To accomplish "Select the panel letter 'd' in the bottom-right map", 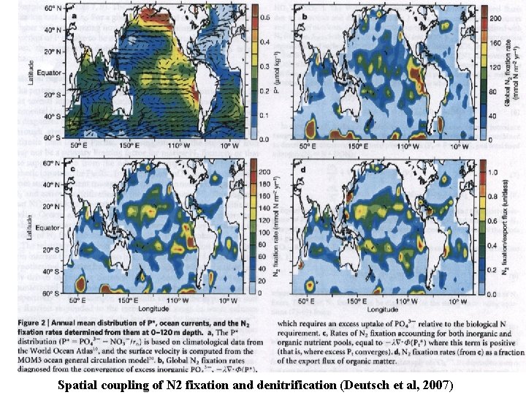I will (302, 169).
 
